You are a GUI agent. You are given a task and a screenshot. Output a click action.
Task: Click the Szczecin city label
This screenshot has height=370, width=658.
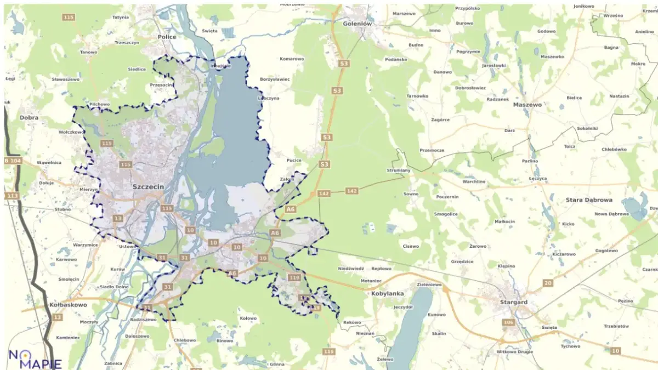coord(148,187)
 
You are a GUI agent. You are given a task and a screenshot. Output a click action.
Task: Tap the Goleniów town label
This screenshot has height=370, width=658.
coord(357,24)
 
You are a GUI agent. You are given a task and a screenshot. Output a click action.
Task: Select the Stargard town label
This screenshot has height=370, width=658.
coord(513,302)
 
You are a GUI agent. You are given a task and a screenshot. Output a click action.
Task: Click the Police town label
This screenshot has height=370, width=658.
coord(167,37)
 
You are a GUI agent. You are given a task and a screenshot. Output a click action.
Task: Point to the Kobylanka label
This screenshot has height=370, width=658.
coord(387,294)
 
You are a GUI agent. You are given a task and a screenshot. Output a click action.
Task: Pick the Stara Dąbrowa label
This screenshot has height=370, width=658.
coord(588,201)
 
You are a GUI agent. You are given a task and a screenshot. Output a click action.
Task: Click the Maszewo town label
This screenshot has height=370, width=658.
coord(527,105)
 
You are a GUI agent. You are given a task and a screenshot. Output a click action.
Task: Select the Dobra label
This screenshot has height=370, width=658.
coord(29,117)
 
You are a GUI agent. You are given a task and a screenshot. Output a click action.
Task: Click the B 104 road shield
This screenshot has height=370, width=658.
coord(12,161)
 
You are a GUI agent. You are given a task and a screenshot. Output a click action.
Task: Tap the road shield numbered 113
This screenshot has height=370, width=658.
coord(12,196)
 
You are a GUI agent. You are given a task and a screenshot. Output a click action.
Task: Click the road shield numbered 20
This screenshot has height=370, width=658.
coord(547,283)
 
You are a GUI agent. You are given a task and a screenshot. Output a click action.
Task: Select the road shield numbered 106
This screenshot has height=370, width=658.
coord(508,322)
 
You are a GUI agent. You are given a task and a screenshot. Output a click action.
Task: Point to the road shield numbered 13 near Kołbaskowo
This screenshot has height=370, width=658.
coord(58,317)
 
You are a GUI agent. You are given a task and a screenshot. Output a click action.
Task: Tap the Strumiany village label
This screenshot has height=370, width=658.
coord(398,170)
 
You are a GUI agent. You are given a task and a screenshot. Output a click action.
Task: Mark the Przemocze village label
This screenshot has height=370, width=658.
coord(432,150)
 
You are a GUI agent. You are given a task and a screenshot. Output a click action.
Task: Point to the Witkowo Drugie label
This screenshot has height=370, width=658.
coord(514,351)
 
